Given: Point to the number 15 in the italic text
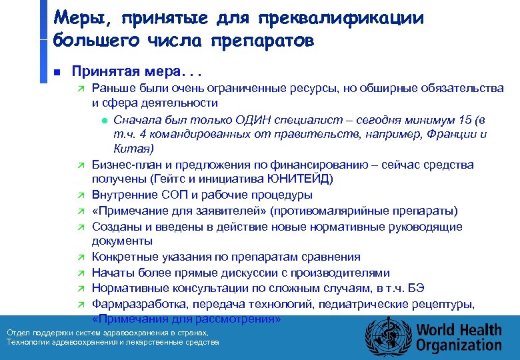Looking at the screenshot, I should (x=467, y=119).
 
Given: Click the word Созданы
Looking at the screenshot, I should (x=114, y=227).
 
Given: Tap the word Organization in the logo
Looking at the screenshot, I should (x=459, y=345).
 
